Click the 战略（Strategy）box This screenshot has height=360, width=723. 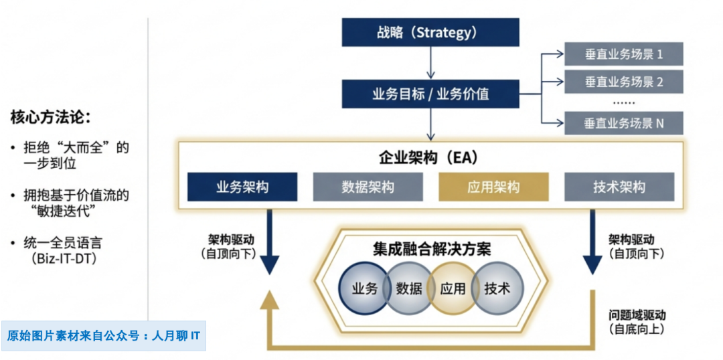click(430, 33)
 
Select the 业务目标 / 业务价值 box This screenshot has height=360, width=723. click(430, 94)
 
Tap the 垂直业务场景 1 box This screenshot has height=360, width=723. click(623, 54)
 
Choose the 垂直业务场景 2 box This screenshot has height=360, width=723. click(623, 82)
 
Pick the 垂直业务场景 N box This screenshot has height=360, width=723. click(623, 123)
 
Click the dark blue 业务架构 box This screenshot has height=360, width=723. click(242, 187)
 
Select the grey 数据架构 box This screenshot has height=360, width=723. click(368, 187)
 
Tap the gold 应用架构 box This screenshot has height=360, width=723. click(493, 187)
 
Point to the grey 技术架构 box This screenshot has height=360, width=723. click(619, 187)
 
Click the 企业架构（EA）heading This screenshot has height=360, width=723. click(430, 158)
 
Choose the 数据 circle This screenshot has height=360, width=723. click(408, 288)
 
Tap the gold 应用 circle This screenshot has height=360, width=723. click(453, 288)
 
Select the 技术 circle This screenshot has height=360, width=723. click(497, 288)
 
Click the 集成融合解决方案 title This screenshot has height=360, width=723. click(432, 250)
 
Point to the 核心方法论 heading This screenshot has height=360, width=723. click(50, 117)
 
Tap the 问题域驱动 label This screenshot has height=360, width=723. click(637, 314)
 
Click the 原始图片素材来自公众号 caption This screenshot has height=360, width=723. click(104, 335)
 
